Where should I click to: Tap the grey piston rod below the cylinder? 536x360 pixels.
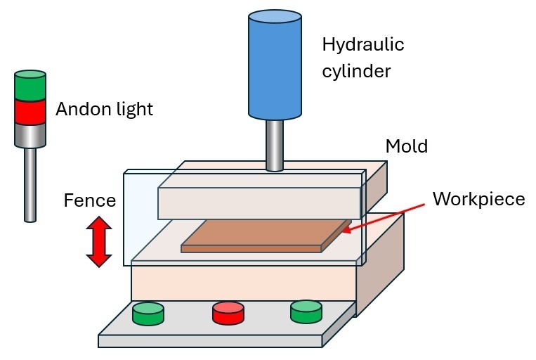[x=275, y=143]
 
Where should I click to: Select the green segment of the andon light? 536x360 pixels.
[x=30, y=86]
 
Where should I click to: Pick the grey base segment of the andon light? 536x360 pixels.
[x=30, y=134]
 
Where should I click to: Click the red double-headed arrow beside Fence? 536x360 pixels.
[x=99, y=241]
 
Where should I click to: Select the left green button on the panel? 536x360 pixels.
[x=148, y=313]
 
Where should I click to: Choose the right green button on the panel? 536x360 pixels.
[x=306, y=312]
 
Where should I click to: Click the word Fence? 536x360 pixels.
[x=89, y=201]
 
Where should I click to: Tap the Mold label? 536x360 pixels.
[x=407, y=147]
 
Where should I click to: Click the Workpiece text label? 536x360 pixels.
[x=478, y=199]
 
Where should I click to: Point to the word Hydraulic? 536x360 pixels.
[x=362, y=45]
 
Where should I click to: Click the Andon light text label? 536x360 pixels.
[x=104, y=109]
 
